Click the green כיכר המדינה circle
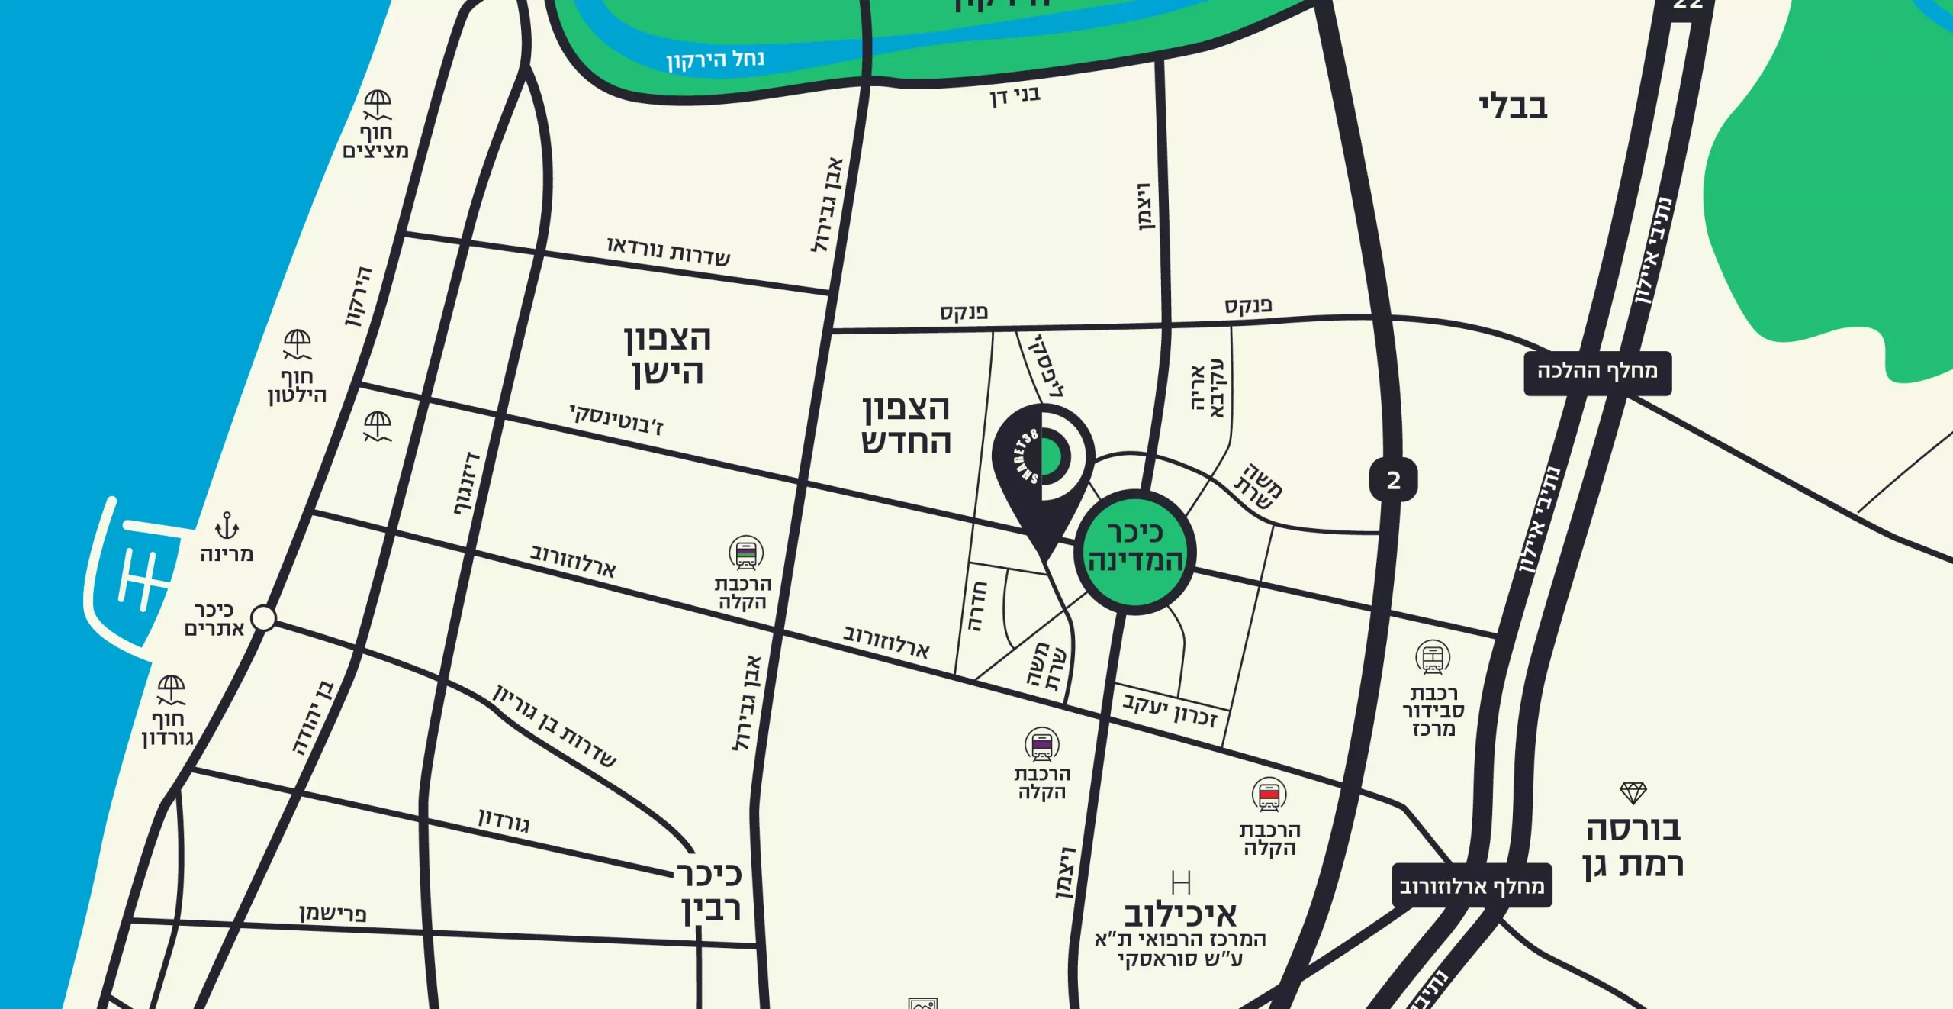1134,551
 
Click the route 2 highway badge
1393,480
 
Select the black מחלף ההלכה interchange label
1597,372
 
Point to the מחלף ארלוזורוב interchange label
1472,886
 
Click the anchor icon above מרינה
227,526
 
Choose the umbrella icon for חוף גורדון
171,689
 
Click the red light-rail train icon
1269,796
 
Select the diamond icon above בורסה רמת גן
1633,793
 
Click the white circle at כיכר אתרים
263,617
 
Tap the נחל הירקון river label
715,59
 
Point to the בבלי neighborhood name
1513,106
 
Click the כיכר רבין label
710,891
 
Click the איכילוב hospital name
1180,914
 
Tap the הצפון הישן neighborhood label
668,355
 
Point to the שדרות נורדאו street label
668,251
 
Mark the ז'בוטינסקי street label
616,419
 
